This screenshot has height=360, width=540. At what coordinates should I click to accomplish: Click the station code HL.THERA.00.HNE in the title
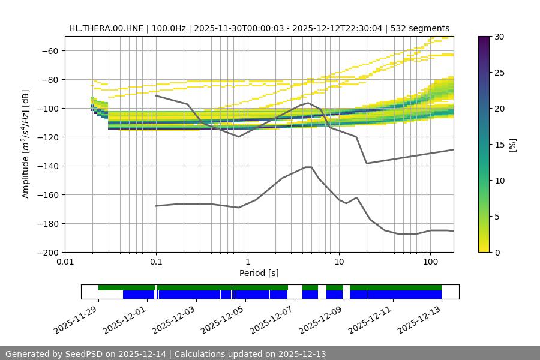(x=106, y=28)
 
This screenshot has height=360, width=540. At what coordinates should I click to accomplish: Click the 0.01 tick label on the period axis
(x=65, y=262)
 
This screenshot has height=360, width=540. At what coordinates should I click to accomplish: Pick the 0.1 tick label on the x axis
(x=156, y=262)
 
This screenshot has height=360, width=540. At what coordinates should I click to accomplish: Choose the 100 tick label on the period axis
(x=430, y=262)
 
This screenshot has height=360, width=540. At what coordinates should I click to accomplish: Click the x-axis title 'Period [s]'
(x=259, y=274)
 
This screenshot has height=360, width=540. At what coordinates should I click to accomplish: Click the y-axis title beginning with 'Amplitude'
(x=26, y=144)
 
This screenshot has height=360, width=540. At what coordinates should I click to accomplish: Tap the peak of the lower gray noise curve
(x=308, y=167)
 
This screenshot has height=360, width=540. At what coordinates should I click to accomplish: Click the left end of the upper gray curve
(x=156, y=95)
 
